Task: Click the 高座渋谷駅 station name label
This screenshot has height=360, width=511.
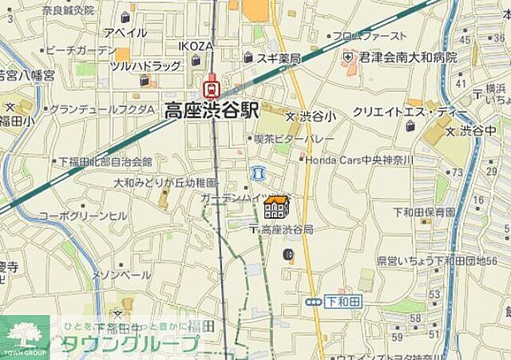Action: [212, 110]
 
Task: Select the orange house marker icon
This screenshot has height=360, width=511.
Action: [276, 208]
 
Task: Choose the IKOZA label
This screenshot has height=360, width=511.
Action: [196, 45]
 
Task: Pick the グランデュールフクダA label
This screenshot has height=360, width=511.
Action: [102, 109]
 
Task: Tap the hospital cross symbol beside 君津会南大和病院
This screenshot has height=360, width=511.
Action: [348, 58]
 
